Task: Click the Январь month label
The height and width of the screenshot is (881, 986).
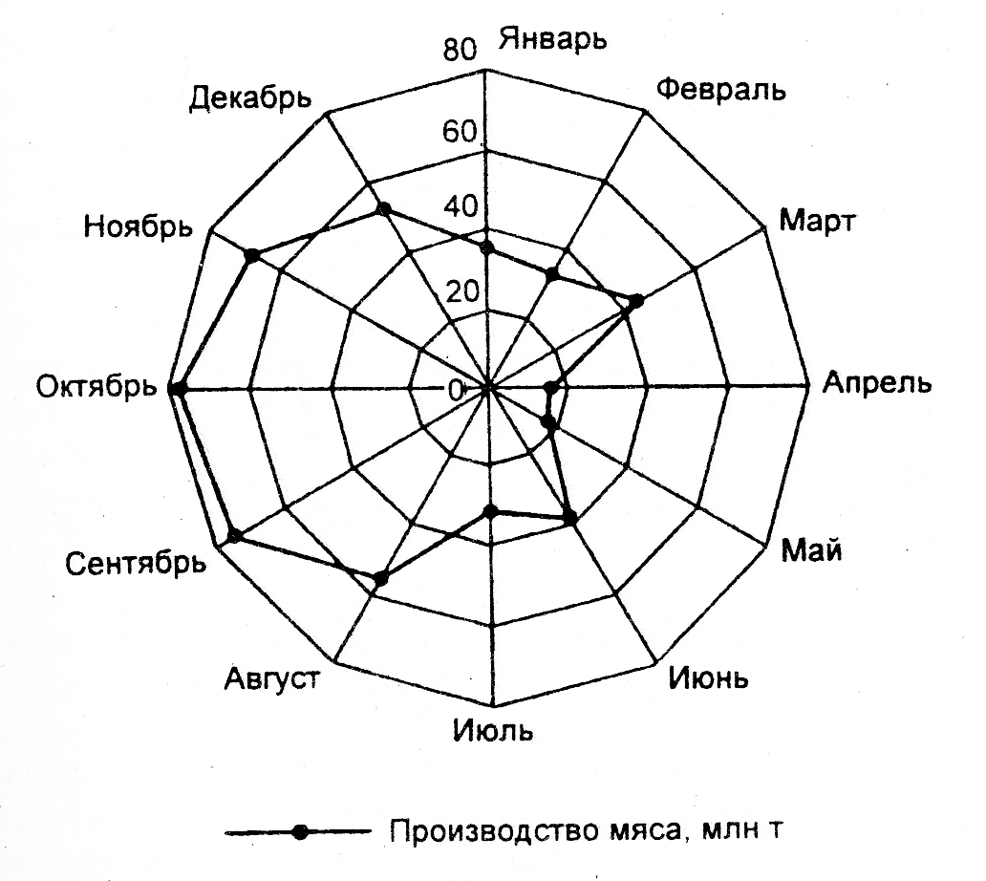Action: click(x=553, y=41)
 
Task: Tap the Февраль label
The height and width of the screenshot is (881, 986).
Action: click(x=722, y=91)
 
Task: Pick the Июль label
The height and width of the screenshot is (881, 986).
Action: click(x=490, y=733)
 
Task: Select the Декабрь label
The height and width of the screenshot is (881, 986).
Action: click(x=250, y=97)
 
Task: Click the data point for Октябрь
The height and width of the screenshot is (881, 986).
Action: click(x=176, y=388)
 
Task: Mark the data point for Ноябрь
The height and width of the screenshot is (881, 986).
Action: click(x=252, y=255)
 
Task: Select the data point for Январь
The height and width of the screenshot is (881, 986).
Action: click(x=487, y=248)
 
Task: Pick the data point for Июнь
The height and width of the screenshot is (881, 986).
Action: click(x=570, y=519)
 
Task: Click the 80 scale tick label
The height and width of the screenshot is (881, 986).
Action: click(x=459, y=50)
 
